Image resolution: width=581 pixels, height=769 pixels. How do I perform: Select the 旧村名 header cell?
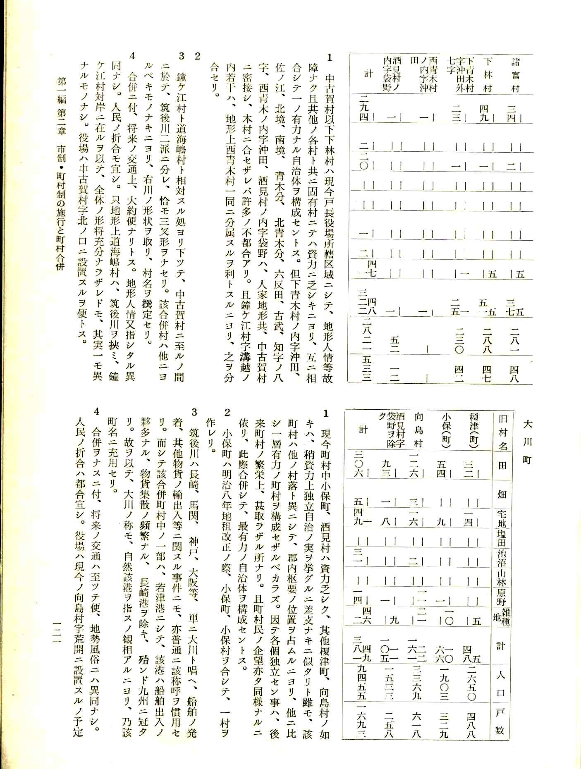[x=502, y=432]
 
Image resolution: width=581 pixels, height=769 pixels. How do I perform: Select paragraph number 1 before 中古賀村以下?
[x=330, y=58]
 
